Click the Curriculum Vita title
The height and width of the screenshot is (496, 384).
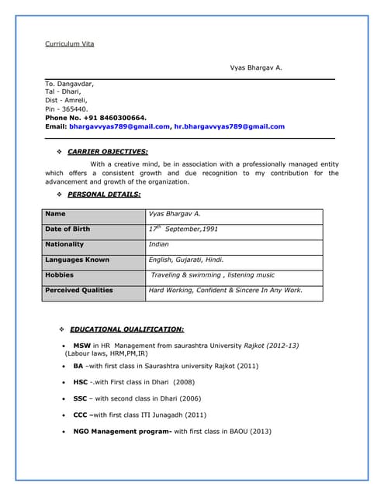click(69, 43)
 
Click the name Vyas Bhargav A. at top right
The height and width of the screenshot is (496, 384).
click(256, 67)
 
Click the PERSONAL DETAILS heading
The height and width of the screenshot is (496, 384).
click(104, 194)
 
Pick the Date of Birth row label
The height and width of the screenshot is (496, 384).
click(67, 229)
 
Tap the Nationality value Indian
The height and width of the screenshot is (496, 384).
click(158, 245)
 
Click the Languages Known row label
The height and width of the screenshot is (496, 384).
click(77, 260)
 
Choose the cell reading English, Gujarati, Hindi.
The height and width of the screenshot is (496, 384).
click(186, 260)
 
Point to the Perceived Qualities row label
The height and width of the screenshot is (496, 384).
click(78, 291)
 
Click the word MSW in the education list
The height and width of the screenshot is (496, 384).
click(81, 345)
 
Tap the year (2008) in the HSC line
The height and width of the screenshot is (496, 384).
click(184, 382)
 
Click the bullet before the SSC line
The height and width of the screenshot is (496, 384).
click(63, 398)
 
